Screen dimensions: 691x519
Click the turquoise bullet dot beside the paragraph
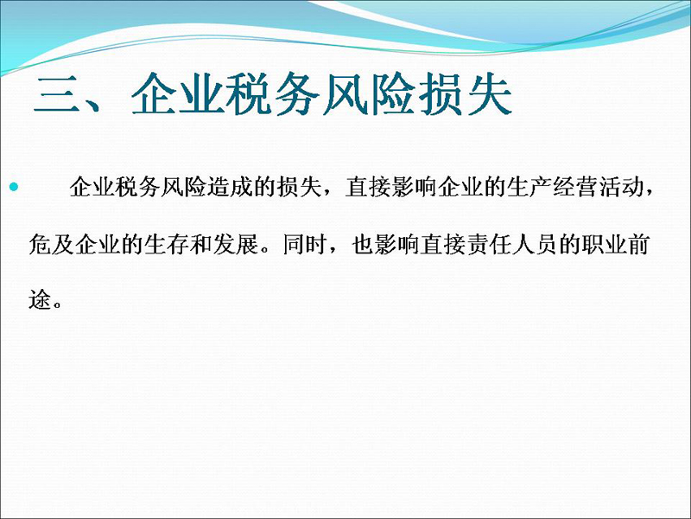(x=14, y=187)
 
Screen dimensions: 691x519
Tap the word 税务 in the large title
(x=272, y=94)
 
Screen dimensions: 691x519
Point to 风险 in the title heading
(x=369, y=94)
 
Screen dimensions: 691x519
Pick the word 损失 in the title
(x=465, y=94)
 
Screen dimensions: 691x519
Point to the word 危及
(x=51, y=244)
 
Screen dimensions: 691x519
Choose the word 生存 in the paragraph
(x=167, y=244)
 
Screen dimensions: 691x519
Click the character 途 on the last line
(x=40, y=299)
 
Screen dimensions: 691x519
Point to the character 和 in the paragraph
(x=201, y=244)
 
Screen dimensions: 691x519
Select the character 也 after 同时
(x=363, y=244)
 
